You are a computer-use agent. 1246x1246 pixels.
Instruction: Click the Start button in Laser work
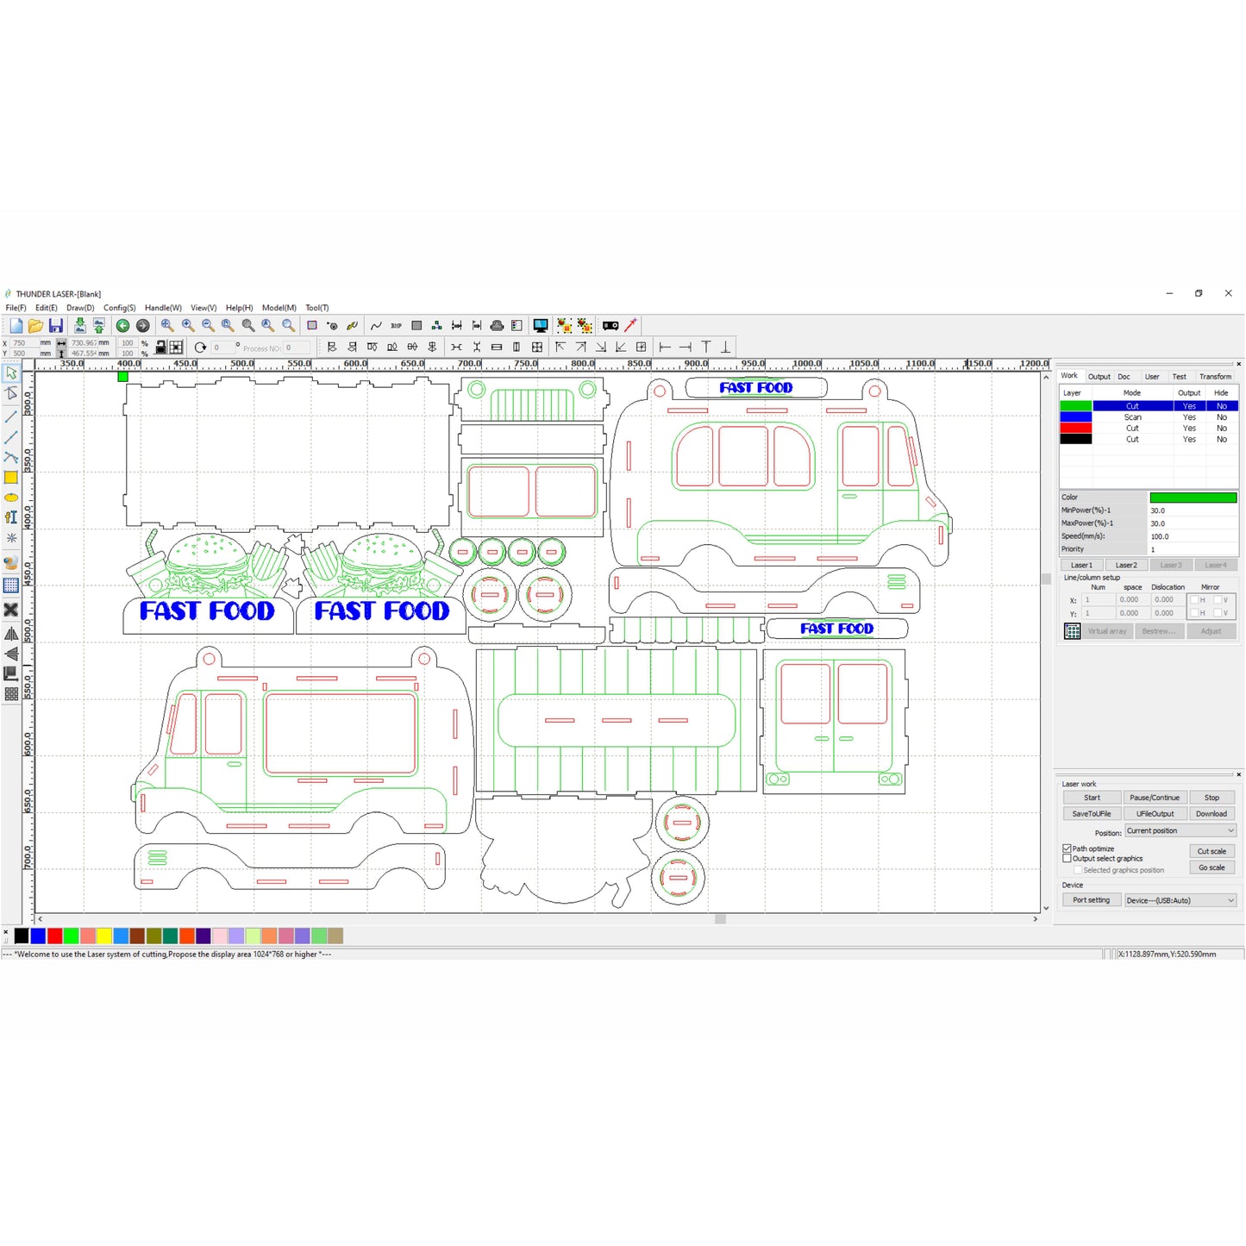1092,798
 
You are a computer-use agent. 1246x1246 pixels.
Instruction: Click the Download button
1212,814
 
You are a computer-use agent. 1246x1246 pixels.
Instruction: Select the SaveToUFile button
1092,814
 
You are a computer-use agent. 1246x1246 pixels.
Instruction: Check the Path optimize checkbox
1068,848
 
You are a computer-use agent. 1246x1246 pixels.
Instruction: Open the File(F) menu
16,308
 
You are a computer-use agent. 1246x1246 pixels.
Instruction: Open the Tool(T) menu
316,308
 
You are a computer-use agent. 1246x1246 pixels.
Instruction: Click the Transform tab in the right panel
1215,377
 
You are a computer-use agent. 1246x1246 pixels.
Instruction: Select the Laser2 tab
1126,565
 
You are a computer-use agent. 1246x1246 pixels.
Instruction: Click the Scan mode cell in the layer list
1131,417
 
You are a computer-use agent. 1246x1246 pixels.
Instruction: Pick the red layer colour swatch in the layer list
1075,429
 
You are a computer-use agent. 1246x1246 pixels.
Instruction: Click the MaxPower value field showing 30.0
1193,523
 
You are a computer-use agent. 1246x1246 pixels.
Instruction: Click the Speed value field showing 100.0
1193,536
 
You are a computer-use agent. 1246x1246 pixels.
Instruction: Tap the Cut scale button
1212,851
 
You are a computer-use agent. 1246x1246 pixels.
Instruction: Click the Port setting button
1091,900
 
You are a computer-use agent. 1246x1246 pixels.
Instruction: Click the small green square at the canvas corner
123,377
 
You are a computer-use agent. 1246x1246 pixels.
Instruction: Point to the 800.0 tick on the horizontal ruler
583,364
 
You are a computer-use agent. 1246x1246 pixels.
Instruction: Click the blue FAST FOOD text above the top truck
755,388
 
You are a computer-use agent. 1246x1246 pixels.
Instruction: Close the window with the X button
1228,293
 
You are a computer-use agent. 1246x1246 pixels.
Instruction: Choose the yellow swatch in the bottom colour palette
103,936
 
